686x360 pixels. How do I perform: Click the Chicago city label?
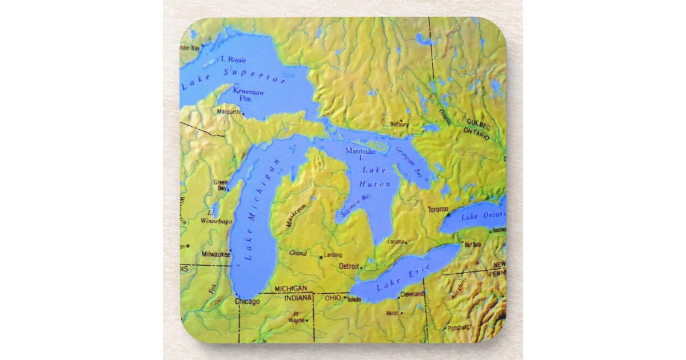pos(248,301)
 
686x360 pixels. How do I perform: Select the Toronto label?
pos(438,210)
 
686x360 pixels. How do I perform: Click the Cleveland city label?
pos(412,294)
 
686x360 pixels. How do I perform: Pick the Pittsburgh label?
pos(460,327)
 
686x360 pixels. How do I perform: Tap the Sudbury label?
pos(400,124)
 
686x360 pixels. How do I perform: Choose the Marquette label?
pos(229,112)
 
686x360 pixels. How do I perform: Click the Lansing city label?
pos(333,255)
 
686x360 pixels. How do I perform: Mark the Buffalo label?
pos(473,245)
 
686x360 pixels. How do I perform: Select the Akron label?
pos(393,313)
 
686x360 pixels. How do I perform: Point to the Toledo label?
pos(354,299)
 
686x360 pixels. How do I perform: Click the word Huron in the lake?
pos(376,184)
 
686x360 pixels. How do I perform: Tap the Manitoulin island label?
pos(361,151)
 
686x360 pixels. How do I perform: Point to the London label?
pos(396,241)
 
